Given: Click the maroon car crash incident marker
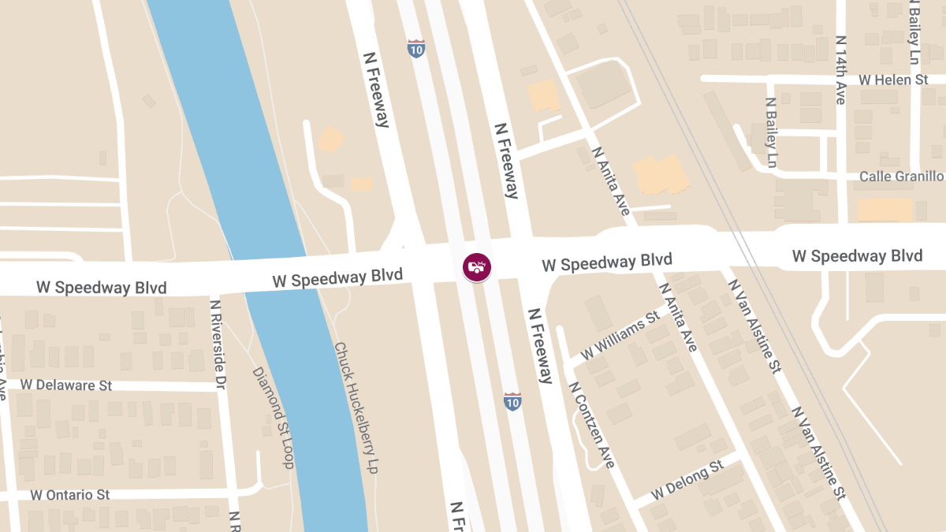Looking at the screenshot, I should (477, 266).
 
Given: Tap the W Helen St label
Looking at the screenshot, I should (893, 80).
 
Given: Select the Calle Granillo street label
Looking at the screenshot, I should (901, 176).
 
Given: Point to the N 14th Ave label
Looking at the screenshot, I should (840, 70).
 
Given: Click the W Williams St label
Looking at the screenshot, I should (620, 337).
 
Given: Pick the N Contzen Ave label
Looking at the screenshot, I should (591, 425).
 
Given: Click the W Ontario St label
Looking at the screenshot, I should (70, 495).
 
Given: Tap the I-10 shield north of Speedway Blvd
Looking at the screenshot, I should (416, 48).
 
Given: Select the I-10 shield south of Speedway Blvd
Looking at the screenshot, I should (512, 402).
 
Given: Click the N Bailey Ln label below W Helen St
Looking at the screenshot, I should (772, 132).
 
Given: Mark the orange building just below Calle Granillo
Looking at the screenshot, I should (885, 209).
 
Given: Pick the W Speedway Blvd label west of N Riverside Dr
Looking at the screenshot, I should (102, 288).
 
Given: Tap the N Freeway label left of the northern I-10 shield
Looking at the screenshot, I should (376, 89).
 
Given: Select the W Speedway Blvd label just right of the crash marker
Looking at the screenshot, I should (607, 262).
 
